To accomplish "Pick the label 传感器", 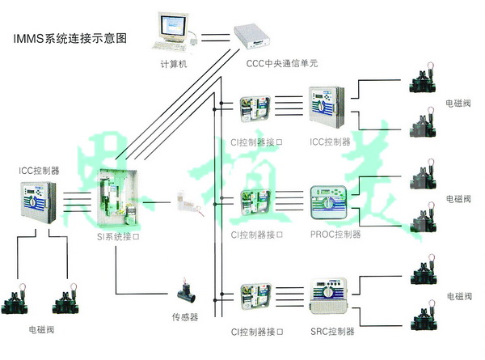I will coord(184,316).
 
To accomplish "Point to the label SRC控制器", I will coord(332,331).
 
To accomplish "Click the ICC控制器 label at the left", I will coord(39,171).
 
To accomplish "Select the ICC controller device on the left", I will coord(37,202).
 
